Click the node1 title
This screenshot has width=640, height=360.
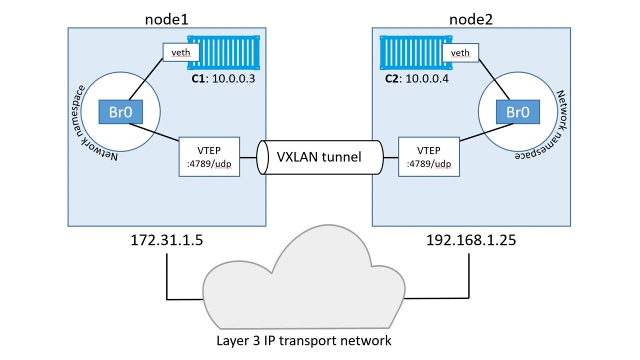[x=166, y=19]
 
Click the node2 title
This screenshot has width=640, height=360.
[x=471, y=19]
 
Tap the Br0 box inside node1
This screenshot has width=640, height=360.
[x=120, y=112]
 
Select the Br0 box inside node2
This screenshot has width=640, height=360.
[x=517, y=112]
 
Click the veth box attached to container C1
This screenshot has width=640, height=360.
[x=181, y=52]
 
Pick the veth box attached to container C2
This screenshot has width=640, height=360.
[x=460, y=52]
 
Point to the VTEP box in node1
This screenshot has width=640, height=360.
[x=209, y=156]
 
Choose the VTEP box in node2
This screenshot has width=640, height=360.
[x=429, y=156]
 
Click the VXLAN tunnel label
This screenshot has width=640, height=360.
[x=319, y=157]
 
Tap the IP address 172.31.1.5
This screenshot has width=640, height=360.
[x=166, y=240]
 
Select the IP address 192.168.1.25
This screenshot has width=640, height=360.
[x=471, y=240]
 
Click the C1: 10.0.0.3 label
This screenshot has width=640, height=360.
[x=223, y=78]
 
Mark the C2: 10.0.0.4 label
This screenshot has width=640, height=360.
[x=417, y=78]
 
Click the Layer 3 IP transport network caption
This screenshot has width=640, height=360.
[x=303, y=340]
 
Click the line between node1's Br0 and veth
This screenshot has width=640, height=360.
[x=146, y=79]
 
